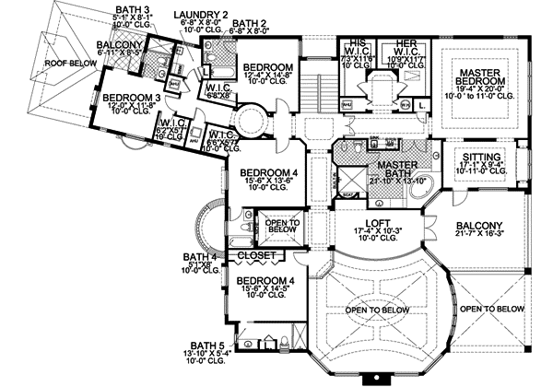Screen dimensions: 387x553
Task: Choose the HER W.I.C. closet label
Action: pos(404,47)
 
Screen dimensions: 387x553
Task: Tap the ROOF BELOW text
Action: pos(65,63)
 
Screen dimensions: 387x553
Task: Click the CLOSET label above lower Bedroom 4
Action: pos(257,255)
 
